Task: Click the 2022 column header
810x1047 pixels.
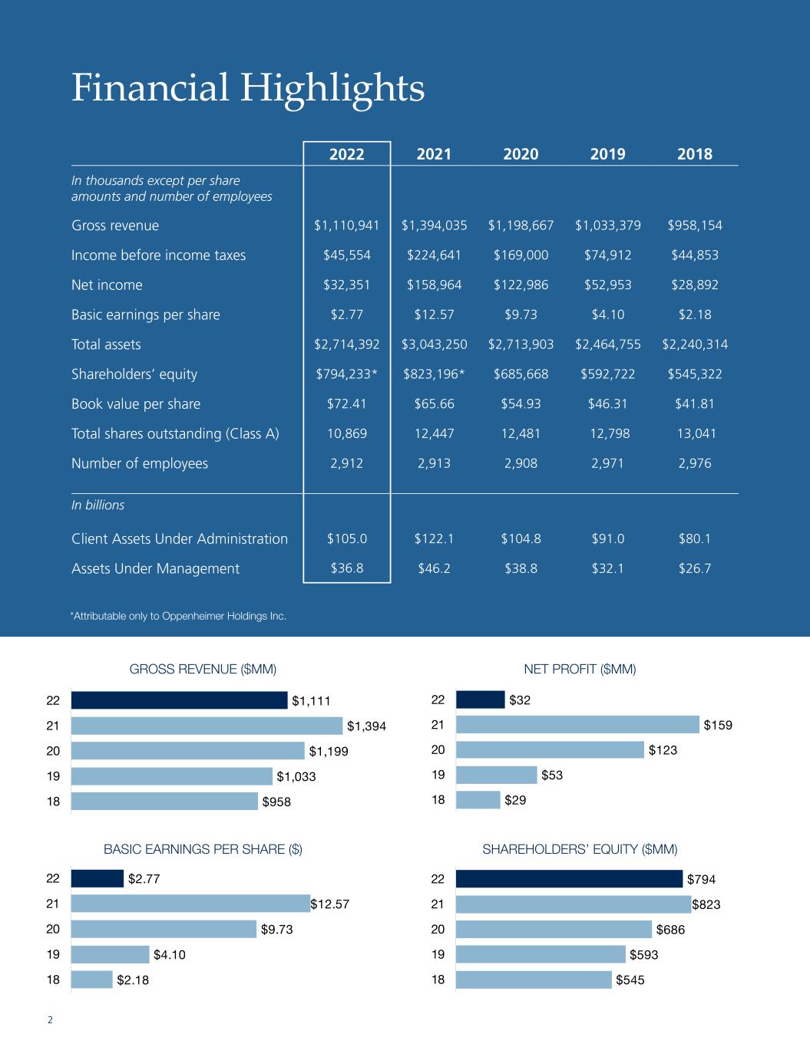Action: coord(347,154)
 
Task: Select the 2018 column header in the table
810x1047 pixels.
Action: coord(695,154)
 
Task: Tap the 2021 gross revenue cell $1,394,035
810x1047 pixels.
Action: coord(434,226)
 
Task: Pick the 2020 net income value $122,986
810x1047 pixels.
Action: coord(521,285)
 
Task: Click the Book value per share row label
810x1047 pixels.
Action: coord(136,404)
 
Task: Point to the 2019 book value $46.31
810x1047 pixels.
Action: coord(607,404)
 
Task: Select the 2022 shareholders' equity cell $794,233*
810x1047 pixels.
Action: coord(347,374)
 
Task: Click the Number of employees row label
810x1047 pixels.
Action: coord(140,463)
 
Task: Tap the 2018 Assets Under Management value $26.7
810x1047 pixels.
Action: coord(695,568)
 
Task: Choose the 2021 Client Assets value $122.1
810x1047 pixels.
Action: coord(434,538)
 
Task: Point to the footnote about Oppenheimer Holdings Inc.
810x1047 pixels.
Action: coord(178,616)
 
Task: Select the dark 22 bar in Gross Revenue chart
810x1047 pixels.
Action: coord(179,700)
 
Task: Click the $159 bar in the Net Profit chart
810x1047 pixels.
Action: coord(577,724)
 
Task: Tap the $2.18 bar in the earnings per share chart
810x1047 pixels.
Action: coord(91,980)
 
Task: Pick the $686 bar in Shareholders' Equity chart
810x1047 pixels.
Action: coord(553,930)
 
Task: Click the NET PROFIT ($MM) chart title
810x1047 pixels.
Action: coord(580,669)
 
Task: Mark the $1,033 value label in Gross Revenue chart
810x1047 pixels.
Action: coord(296,776)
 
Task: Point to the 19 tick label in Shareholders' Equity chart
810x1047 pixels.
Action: coord(438,955)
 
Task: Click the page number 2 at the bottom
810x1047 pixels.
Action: coord(50,1020)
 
